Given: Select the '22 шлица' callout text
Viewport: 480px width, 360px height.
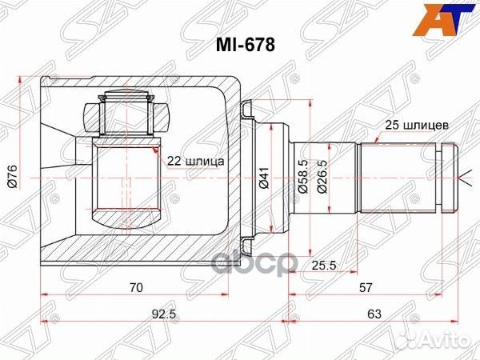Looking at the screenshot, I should pyautogui.click(x=195, y=160).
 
